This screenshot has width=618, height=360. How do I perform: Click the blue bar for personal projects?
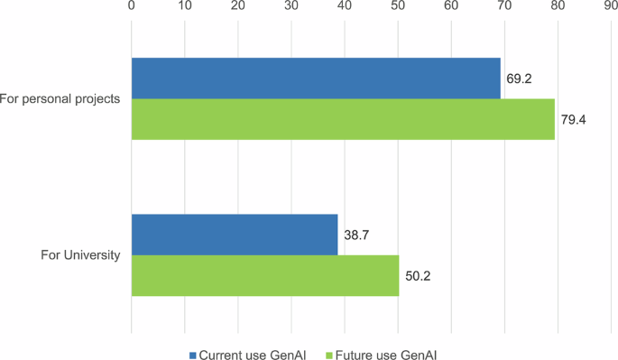coord(316,78)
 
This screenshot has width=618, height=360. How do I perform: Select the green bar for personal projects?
coord(343,119)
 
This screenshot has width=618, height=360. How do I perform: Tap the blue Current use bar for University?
coord(235,235)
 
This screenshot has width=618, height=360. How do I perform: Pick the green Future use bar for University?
coord(265,275)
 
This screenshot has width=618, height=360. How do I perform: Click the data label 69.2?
coord(519,78)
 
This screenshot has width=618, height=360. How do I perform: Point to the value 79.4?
coord(574,119)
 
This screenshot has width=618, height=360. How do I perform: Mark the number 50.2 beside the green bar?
coord(418,275)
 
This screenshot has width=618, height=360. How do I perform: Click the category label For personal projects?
coord(60,98)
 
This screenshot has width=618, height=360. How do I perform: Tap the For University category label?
coord(80,255)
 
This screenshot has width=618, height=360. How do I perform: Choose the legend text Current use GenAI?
coord(252,355)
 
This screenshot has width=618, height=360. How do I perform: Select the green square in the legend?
coord(327,355)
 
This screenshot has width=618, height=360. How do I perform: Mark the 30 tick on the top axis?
coord(291,6)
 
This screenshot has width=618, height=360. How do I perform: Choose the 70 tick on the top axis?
coord(504,6)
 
